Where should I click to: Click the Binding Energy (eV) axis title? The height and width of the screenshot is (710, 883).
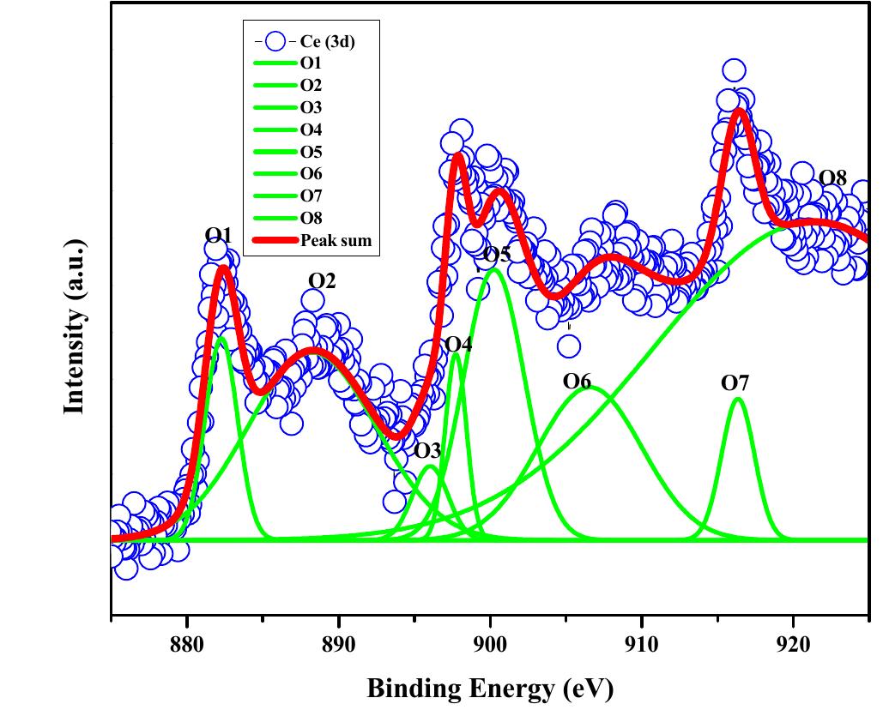(x=490, y=688)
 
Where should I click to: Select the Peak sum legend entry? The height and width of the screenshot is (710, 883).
(x=336, y=241)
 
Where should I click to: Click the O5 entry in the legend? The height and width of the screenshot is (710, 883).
(x=311, y=152)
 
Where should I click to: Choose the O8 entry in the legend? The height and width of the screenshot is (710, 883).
(x=311, y=219)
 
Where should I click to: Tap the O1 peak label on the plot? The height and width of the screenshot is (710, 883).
(x=218, y=235)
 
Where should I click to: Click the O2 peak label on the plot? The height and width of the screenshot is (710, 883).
(x=322, y=281)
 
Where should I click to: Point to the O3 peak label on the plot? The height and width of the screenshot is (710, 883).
(x=427, y=451)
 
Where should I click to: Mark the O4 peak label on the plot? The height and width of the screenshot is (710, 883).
(x=458, y=345)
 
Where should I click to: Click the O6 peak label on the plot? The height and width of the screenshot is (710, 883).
(x=578, y=381)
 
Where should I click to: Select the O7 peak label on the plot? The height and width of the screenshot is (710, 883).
(x=735, y=382)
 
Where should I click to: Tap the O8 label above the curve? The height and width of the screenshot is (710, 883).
(x=832, y=178)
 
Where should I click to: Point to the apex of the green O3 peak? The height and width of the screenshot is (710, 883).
(x=431, y=466)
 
